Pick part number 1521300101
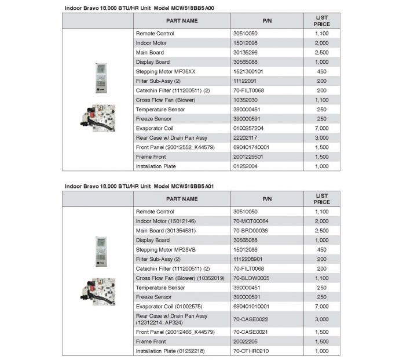248,71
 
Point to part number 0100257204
248,128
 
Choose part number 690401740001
251,147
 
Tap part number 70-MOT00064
251,221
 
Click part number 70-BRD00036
251,231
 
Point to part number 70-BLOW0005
251,278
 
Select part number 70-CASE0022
250,319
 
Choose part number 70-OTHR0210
251,351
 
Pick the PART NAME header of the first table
182,21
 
